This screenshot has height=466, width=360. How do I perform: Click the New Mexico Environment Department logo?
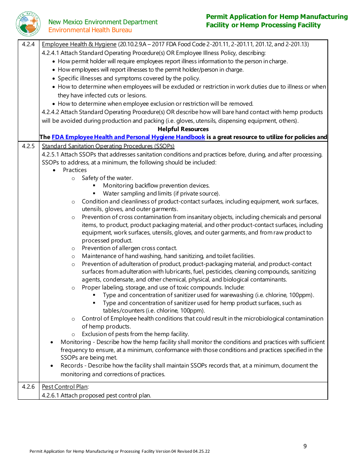click(28, 24)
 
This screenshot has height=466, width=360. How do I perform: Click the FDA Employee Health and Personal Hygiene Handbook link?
click(128, 137)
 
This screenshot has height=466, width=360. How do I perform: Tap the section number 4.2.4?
click(28, 44)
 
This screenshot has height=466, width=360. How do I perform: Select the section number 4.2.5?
click(28, 146)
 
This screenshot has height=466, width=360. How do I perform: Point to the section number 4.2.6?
click(28, 387)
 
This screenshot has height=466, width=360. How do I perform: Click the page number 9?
click(305, 446)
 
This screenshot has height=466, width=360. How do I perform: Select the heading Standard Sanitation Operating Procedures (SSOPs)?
click(108, 146)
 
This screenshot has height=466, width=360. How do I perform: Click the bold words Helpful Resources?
click(183, 129)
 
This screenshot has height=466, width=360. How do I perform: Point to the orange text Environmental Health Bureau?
click(90, 30)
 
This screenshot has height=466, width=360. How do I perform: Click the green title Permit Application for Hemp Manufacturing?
click(277, 17)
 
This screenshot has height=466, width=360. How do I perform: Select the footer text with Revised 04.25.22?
click(120, 452)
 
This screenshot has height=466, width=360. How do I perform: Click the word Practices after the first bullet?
click(75, 170)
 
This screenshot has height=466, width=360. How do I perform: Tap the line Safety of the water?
click(107, 178)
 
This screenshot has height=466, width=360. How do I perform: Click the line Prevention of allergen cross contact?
click(129, 248)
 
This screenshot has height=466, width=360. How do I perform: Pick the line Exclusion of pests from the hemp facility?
click(135, 334)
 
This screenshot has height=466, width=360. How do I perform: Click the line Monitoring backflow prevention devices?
click(156, 186)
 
